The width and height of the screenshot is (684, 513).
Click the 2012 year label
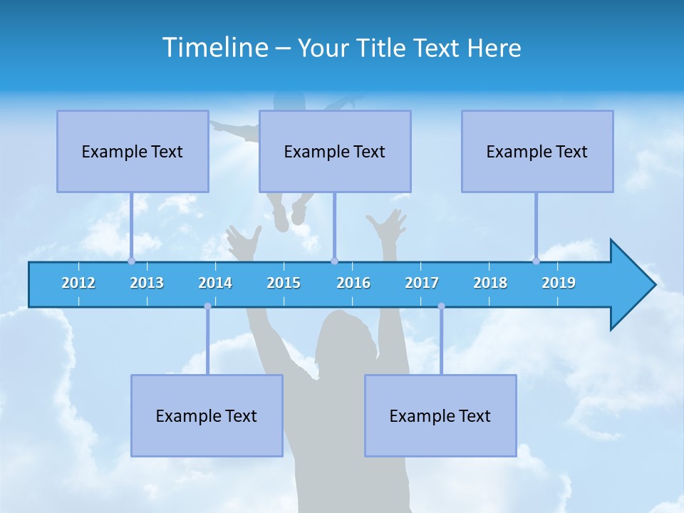pos(78,283)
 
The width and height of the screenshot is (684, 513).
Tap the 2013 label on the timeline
pos(147,283)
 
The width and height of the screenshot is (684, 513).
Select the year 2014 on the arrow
pos(215,283)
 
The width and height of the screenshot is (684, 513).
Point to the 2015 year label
pos(284,283)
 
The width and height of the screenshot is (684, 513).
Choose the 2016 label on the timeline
pos(353,283)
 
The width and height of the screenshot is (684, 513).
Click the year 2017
pos(422,283)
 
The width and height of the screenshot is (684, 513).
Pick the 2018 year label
pos(490,283)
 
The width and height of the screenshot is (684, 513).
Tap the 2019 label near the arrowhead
pos(559,283)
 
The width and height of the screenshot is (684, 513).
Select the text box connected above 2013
pos(133,151)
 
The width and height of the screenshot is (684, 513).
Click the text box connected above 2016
pos(335,151)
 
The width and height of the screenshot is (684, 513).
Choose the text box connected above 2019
pos(537,151)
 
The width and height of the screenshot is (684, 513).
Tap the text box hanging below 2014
pos(207,415)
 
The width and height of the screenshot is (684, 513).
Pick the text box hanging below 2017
pos(440,415)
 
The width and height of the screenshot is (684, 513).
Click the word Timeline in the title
pos(214,48)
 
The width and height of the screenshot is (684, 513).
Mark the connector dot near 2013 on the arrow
pos(131,261)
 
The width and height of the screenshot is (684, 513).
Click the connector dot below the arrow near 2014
pos(207,306)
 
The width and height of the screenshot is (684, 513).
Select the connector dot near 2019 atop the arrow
pos(536,261)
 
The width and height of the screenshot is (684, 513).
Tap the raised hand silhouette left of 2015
pos(244,242)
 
